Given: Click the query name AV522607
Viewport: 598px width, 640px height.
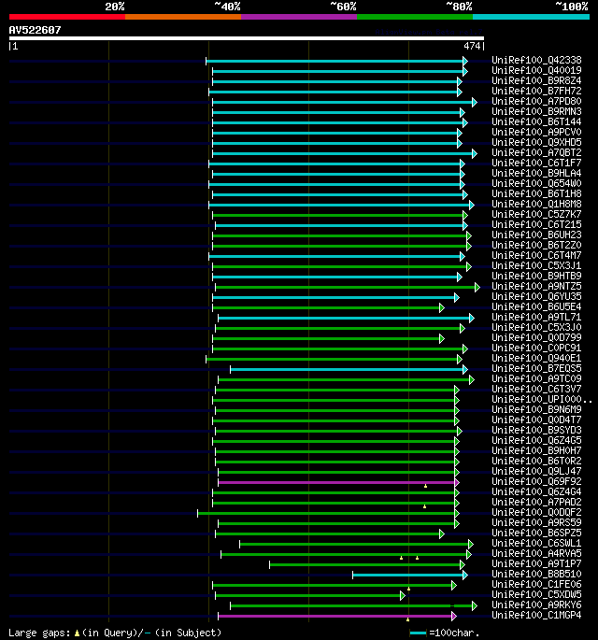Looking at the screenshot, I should tap(35, 30).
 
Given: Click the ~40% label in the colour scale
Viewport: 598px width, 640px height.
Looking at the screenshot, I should tap(226, 7).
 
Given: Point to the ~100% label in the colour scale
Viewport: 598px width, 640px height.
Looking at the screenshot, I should tap(571, 7).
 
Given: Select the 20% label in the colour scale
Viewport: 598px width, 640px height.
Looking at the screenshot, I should tap(114, 7).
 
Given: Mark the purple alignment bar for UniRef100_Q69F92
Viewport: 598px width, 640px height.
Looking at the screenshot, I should tap(336, 482).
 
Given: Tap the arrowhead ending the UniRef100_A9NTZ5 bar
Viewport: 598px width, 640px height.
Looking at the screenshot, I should tap(477, 287).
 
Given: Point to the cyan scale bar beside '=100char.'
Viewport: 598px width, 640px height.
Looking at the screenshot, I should tap(418, 633).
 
